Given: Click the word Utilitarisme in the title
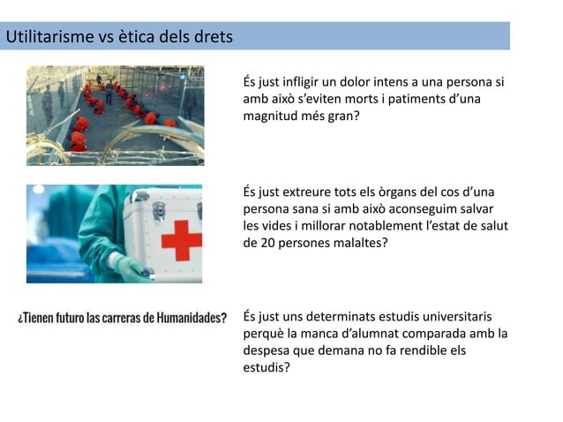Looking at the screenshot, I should coord(50,37).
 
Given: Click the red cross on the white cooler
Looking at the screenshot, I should coord(181,239).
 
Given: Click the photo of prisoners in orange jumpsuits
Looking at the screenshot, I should coord(115,115).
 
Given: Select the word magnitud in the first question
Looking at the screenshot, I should coord(270,116).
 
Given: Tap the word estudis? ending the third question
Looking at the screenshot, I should coord(266,366).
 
